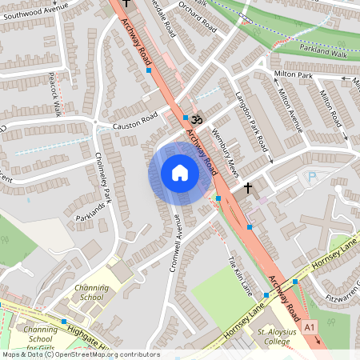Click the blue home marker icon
click(180, 173)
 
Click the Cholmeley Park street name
click(105, 178)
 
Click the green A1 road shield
click(310, 326)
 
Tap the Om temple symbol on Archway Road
click(197, 119)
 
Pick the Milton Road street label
click(330, 107)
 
